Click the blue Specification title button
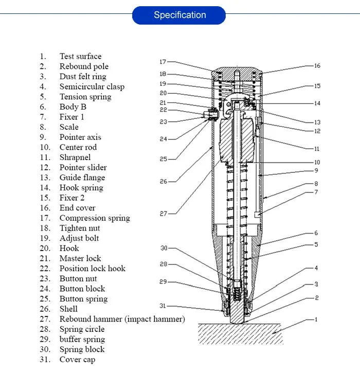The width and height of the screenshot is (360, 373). pyautogui.click(x=179, y=15)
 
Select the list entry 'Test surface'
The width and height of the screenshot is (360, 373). pyautogui.click(x=80, y=57)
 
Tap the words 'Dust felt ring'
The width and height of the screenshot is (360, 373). pyautogui.click(x=83, y=77)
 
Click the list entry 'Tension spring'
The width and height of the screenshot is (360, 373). pyautogui.click(x=85, y=97)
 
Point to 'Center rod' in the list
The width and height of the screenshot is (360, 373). pyautogui.click(x=78, y=147)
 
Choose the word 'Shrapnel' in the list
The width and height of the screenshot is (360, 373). pyautogui.click(x=75, y=157)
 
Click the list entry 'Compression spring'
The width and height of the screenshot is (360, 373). pyautogui.click(x=95, y=218)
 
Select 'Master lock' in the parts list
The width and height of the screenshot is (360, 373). pyautogui.click(x=80, y=258)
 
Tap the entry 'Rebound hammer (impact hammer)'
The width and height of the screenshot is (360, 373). pyautogui.click(x=122, y=319)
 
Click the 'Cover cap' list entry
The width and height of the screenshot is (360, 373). pyautogui.click(x=77, y=360)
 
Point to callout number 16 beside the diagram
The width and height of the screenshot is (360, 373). pyautogui.click(x=317, y=66)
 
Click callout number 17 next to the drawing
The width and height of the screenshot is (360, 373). pyautogui.click(x=163, y=62)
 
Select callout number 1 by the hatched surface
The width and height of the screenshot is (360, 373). pyautogui.click(x=316, y=319)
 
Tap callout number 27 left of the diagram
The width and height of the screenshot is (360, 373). pyautogui.click(x=163, y=214)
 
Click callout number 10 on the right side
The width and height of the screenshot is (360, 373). pyautogui.click(x=317, y=163)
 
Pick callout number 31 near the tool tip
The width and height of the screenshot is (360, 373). pyautogui.click(x=163, y=306)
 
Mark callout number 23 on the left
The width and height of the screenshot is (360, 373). pyautogui.click(x=163, y=122)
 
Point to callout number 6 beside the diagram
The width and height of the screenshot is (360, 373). pyautogui.click(x=316, y=233)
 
